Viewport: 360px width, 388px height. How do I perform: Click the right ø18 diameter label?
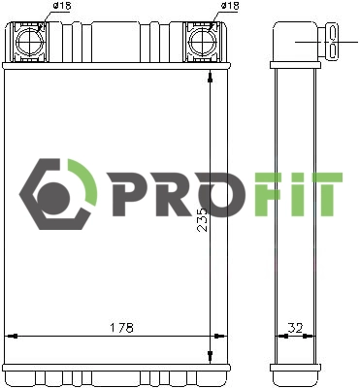tap(230, 6)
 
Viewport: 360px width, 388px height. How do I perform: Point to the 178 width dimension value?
tap(121, 327)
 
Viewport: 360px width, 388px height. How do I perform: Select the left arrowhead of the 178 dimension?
tap(12, 336)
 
